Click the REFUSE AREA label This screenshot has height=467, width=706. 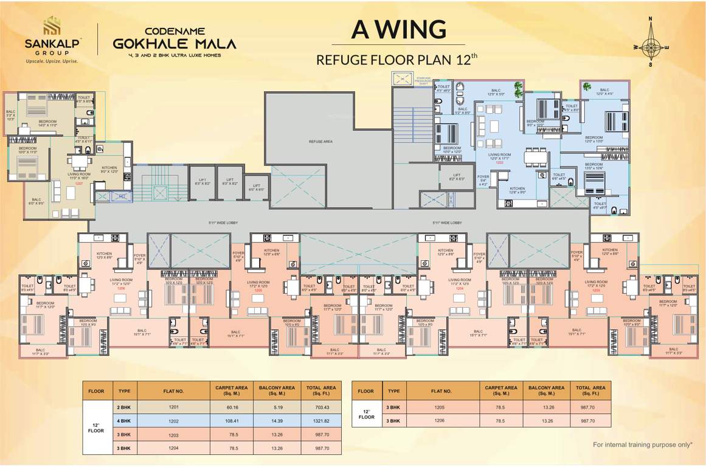click(x=320, y=141)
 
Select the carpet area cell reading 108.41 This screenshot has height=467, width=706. click(x=229, y=420)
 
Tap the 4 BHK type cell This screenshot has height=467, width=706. click(x=123, y=420)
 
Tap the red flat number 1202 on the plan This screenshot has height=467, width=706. click(x=499, y=163)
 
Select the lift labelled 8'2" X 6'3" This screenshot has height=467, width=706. click(x=457, y=177)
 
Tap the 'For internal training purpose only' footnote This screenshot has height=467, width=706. click(x=643, y=445)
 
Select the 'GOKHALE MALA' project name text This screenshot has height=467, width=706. click(x=175, y=43)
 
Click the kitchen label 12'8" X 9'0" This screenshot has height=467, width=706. click(x=517, y=190)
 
